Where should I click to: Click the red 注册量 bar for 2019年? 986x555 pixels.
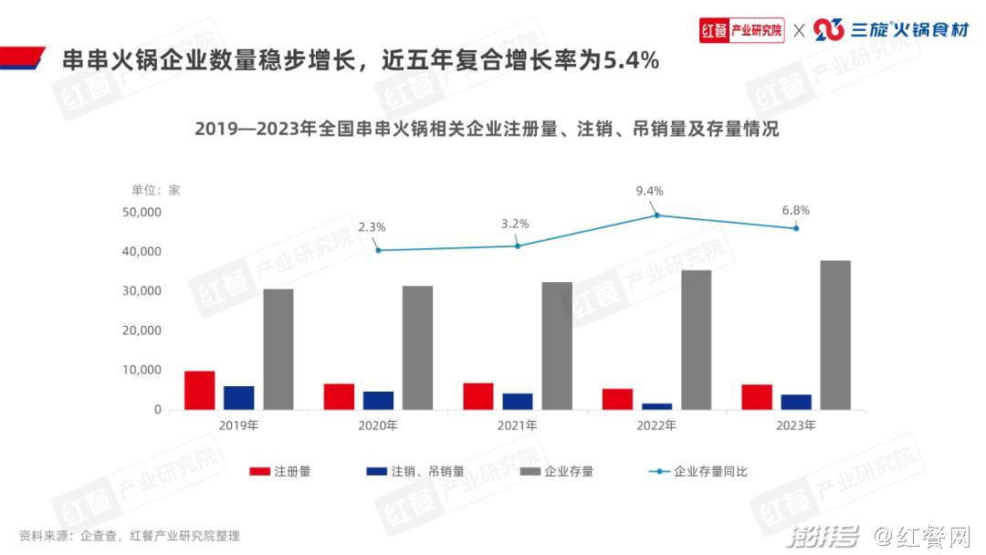[199, 390]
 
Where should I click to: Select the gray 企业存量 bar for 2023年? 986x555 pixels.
[834, 335]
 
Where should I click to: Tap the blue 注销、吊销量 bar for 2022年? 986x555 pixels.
[656, 406]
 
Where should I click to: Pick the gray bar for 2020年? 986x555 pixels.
[417, 348]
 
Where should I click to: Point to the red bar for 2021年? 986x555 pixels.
[477, 396]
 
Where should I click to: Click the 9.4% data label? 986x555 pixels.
[649, 191]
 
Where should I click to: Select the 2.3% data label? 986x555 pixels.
[372, 226]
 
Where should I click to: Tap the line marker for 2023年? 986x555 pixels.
[796, 228]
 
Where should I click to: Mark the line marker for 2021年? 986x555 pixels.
[518, 246]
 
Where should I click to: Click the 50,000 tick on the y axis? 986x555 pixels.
[142, 212]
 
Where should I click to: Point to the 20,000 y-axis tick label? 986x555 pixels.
[142, 330]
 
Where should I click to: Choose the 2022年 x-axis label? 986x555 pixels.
[656, 425]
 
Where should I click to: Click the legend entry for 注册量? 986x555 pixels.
[281, 472]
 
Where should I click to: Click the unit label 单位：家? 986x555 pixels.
[156, 190]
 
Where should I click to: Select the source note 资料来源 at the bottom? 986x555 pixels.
[129, 536]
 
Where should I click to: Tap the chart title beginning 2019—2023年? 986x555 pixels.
[486, 129]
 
